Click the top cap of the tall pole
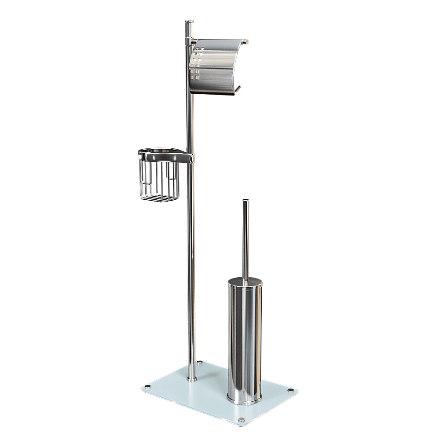click(x=188, y=21)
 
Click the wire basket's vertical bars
click(x=158, y=180)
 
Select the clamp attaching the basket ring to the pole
click(x=188, y=158)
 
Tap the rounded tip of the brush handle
click(x=245, y=201)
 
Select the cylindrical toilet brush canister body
click(x=244, y=339)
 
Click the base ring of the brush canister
click(x=244, y=399)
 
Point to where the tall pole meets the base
click(x=192, y=378)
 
